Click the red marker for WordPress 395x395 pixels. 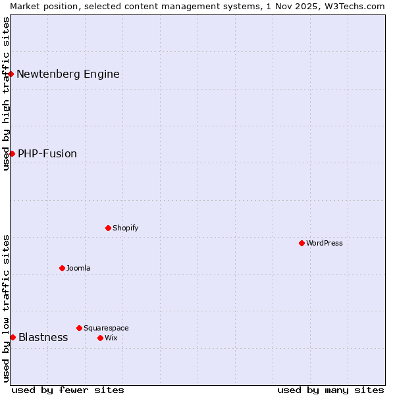pos(302,243)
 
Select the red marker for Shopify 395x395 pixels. pos(108,228)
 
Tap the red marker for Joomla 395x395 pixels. pos(62,268)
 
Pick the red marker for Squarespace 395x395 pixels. pos(79,328)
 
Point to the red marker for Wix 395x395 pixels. pos(100,338)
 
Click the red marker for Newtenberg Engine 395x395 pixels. pos(11,74)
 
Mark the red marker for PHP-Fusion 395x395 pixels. pos(12,153)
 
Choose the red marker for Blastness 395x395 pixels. pos(13,337)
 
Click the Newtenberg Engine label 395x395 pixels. pos(68,74)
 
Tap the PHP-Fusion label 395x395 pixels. pos(47,153)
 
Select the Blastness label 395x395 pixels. pos(43,337)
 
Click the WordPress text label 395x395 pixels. pos(325,243)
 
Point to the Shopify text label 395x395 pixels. pos(126,228)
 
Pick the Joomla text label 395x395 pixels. pos(78,268)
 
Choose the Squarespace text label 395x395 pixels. pos(106,328)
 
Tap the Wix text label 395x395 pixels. pos(111,338)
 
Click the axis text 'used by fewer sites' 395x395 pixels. pos(68,390)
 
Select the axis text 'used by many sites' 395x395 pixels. pos(330,390)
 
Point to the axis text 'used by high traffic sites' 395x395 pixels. pos(6,93)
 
